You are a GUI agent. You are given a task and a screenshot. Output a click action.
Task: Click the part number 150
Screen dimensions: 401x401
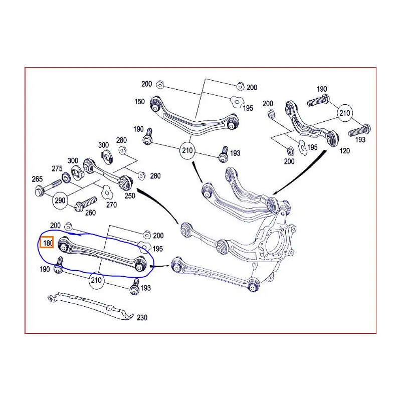click(x=139, y=102)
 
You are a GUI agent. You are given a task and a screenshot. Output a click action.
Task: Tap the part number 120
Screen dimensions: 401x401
click(x=344, y=151)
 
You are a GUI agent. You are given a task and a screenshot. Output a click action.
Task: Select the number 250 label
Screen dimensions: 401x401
click(x=130, y=196)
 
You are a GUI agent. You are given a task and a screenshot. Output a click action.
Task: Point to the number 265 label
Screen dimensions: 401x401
click(x=37, y=179)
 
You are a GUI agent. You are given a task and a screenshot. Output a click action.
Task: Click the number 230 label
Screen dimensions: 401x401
click(x=142, y=318)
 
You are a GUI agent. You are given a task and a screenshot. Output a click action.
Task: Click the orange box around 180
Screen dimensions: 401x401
click(x=47, y=242)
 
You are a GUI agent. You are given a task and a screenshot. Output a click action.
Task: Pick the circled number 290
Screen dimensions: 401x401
click(x=60, y=200)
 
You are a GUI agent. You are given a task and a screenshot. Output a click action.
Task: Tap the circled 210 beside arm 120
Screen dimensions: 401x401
click(x=345, y=113)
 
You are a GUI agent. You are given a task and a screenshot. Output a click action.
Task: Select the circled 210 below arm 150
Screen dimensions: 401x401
click(x=187, y=151)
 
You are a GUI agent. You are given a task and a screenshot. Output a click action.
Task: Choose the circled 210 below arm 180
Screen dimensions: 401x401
click(x=96, y=281)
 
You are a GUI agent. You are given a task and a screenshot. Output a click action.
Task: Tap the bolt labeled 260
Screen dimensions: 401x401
click(x=86, y=204)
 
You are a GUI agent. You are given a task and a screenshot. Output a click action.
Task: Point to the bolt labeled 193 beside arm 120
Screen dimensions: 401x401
click(x=359, y=130)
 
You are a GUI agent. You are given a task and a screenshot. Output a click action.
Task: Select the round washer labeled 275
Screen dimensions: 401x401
click(x=66, y=177)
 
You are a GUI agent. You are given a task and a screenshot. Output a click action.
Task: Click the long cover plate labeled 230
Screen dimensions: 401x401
click(x=91, y=306)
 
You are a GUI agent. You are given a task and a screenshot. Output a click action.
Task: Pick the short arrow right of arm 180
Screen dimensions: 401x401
click(x=160, y=266)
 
